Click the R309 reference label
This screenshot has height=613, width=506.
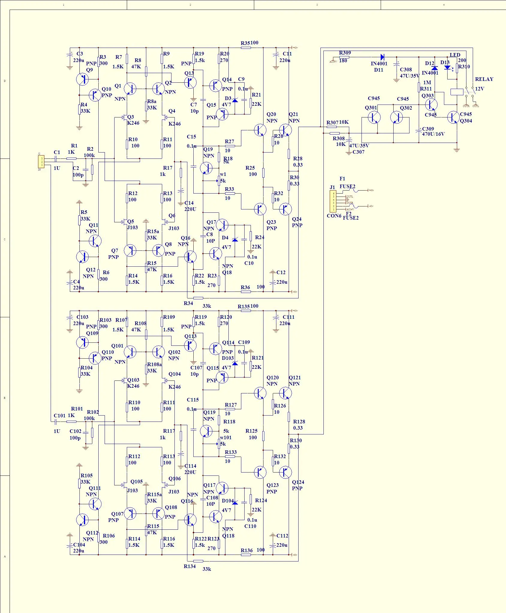pos(345,53)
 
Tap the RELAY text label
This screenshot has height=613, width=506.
pos(484,79)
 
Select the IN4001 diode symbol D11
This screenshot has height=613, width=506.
pos(382,57)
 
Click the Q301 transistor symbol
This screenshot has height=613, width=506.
pos(374,117)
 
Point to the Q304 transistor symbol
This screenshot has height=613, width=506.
pos(453,117)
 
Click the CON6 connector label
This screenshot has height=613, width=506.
pos(334,216)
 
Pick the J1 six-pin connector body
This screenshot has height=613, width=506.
pos(333,201)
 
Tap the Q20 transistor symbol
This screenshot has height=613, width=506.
pos(260,130)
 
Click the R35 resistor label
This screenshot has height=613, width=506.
pos(245,43)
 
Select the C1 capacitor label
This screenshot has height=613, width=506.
pos(57,152)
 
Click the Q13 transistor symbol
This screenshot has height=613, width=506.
pos(190,82)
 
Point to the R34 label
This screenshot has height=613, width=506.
pos(188,303)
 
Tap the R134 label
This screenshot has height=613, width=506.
pos(189,566)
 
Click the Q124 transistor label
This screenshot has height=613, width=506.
pos(298,482)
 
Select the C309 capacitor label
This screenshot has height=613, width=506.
pos(428,129)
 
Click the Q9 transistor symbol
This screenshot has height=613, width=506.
pos(82,79)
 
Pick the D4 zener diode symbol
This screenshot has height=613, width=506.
pos(235,239)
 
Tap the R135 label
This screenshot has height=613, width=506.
pos(243,306)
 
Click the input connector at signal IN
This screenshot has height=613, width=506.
pos(41,162)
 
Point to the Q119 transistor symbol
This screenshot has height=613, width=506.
pos(206,431)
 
